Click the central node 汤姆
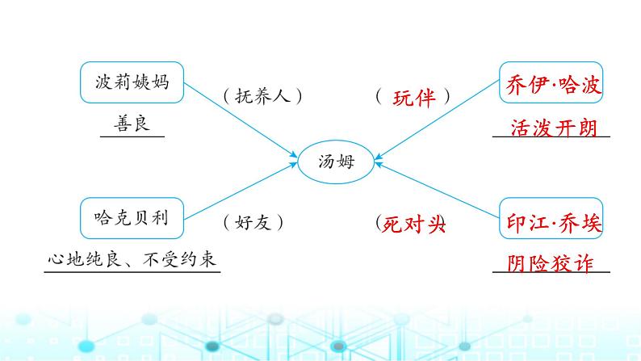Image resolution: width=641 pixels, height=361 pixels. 336,162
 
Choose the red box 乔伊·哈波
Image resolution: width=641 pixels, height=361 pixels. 552,84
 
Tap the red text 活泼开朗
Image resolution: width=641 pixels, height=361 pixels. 552,128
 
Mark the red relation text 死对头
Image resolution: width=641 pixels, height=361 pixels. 413,224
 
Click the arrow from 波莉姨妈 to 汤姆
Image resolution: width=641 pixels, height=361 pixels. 242,121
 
